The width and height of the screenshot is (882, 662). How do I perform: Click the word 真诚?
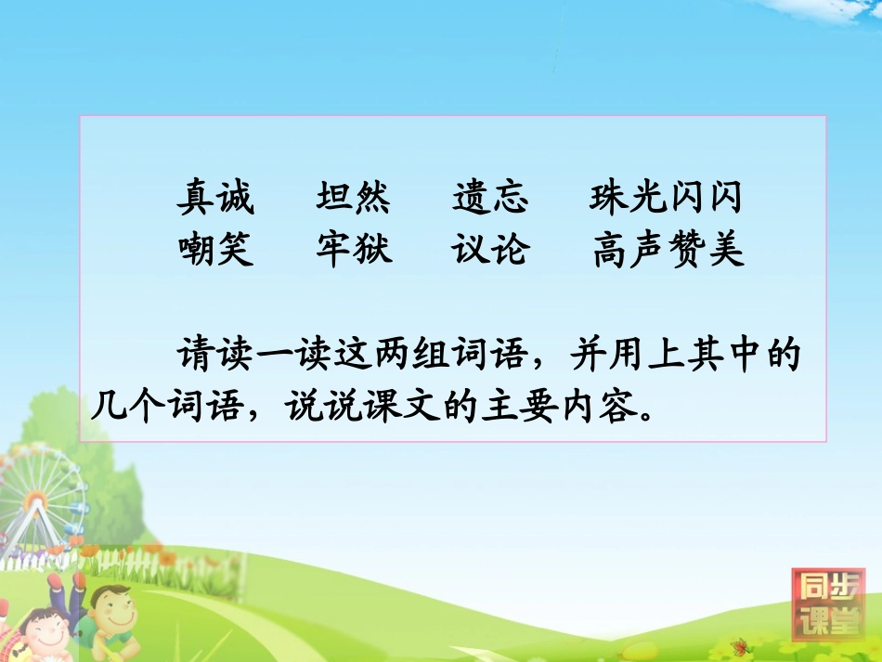click(x=215, y=198)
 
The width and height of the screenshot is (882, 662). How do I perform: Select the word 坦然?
click(x=353, y=198)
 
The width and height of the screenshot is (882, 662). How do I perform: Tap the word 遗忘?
click(x=490, y=198)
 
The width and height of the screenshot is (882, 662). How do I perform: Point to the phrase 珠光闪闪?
click(x=666, y=198)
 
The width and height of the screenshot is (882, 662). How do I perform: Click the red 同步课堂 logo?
click(x=826, y=604)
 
